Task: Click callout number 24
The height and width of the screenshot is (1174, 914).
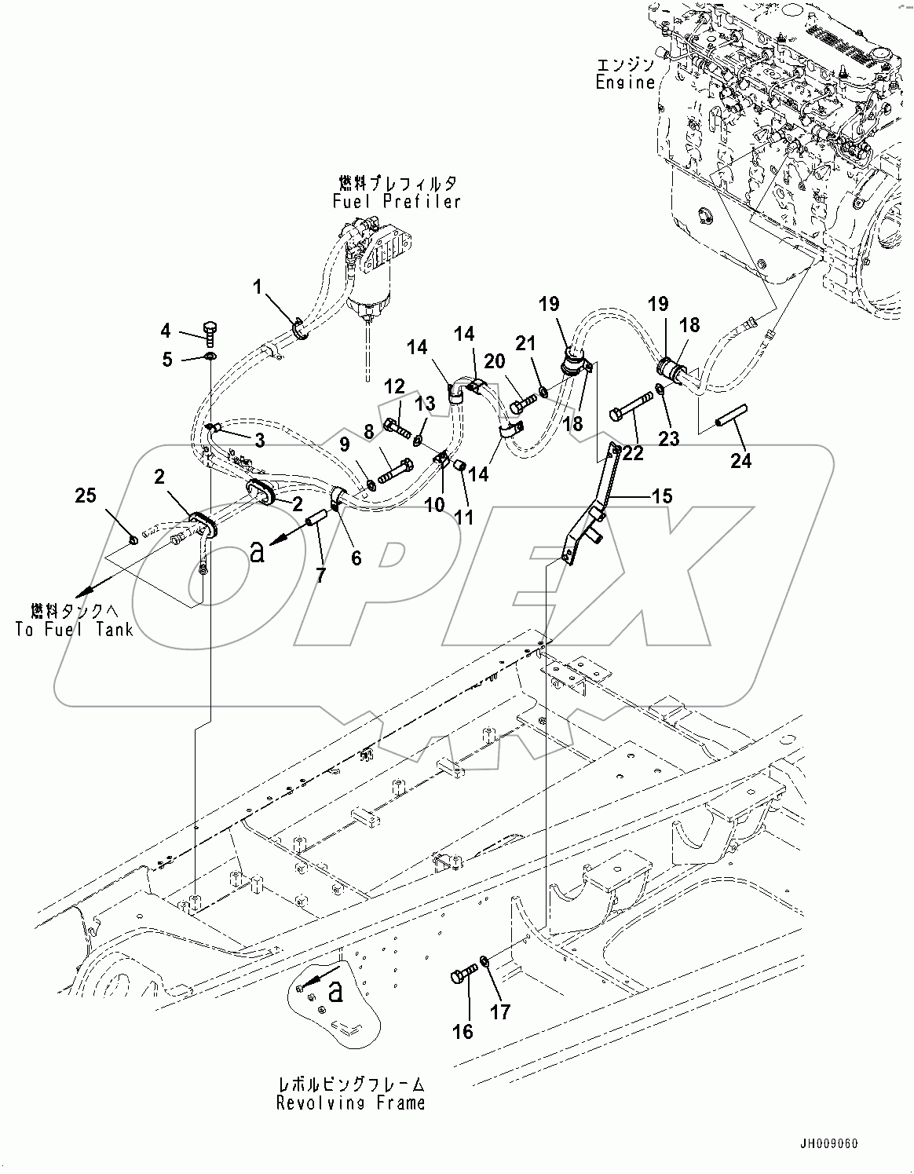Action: (x=740, y=460)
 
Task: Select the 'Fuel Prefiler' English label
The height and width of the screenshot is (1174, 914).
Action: (x=397, y=202)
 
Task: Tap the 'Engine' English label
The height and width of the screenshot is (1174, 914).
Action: (x=625, y=82)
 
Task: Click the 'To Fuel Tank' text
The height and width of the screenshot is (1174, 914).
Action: (x=73, y=629)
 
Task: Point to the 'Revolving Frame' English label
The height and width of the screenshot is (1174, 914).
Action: (x=350, y=1103)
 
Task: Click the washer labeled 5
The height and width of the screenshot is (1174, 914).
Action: (x=210, y=358)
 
